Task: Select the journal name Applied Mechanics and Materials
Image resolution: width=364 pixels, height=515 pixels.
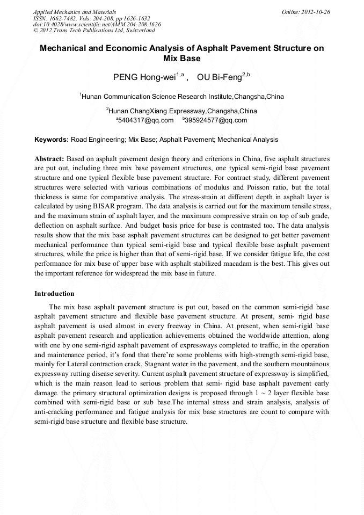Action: [75, 11]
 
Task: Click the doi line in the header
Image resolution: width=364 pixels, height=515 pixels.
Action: [97, 24]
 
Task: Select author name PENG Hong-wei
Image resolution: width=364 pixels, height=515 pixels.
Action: [144, 77]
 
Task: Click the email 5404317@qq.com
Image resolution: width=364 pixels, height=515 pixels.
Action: [146, 120]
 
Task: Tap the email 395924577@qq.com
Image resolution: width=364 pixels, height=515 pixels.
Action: [216, 120]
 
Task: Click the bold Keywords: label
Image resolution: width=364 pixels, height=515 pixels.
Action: [52, 140]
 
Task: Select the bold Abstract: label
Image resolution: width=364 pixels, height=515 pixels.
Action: [49, 159]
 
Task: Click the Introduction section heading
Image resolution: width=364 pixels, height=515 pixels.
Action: [54, 294]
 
